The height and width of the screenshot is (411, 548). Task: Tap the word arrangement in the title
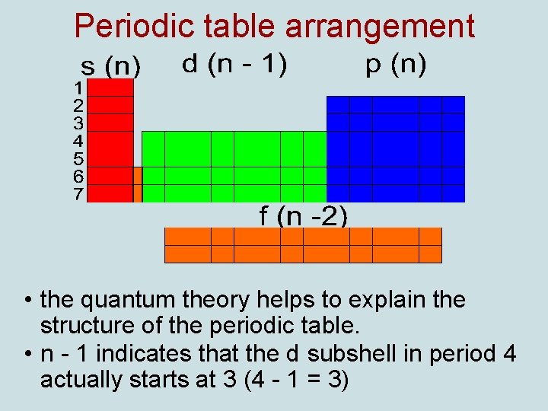point(380,27)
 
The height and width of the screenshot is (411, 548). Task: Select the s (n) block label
point(111,68)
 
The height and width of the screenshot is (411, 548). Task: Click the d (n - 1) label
point(234,65)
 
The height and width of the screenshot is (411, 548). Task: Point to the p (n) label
point(396,65)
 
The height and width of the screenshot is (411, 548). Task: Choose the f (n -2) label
point(303,217)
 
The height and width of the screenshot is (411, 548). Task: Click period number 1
point(78,88)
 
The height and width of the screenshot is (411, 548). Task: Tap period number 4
point(78,141)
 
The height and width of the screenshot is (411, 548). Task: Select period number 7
point(78,194)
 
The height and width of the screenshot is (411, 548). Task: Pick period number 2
point(78,105)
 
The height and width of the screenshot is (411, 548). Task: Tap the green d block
point(234,166)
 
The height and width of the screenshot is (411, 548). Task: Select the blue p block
point(395,148)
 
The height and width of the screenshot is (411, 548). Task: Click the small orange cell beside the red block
point(138,184)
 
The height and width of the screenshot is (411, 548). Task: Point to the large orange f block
point(303,245)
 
